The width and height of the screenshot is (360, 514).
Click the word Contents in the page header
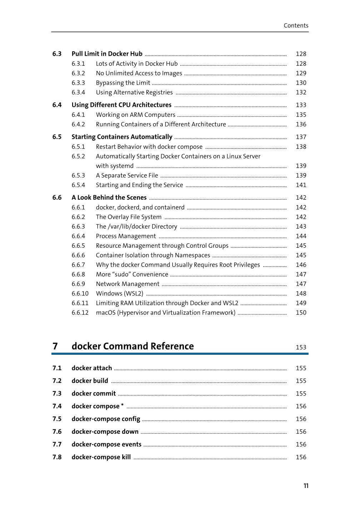296,25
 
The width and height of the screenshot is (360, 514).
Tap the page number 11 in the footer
306,486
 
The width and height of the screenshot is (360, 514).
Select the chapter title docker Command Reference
132,346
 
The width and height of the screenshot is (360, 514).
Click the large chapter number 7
55,346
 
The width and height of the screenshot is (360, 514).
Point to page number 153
301,347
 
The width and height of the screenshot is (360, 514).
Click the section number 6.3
57,54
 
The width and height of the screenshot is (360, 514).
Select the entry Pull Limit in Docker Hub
107,54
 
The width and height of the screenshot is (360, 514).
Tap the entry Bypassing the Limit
123,83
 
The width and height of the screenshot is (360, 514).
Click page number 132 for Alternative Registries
301,92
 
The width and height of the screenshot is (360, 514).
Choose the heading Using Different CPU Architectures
121,105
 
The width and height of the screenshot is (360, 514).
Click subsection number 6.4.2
78,124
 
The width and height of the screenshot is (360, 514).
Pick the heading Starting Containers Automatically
122,137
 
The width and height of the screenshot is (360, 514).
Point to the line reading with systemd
115,166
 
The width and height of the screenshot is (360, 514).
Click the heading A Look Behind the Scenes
109,198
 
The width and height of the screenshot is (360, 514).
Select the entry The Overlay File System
129,217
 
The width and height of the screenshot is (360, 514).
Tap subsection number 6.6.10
80,293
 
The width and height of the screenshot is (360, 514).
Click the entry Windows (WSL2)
119,293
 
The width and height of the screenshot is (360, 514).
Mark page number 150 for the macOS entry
301,313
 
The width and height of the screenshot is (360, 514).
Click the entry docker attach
91,368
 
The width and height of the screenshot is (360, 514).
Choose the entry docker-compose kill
101,457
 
